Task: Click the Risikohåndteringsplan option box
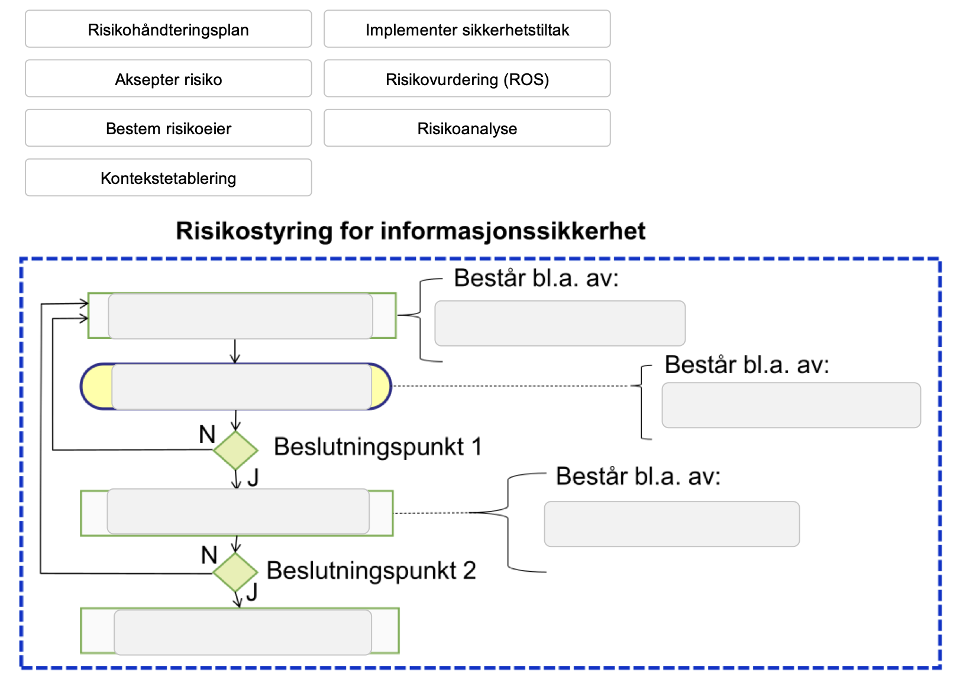(168, 30)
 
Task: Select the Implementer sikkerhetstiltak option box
(467, 30)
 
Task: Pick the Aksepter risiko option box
(168, 79)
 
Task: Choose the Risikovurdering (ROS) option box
(467, 79)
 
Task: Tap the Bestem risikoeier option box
(168, 128)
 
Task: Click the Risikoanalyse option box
(467, 128)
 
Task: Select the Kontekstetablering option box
(168, 178)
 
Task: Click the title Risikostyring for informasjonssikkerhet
(411, 231)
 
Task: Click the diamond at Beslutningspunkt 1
(235, 450)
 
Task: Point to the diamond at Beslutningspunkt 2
(235, 572)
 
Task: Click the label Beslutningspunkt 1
(377, 447)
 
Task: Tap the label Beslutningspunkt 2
(371, 571)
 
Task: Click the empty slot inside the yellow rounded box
(241, 387)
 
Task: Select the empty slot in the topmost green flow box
(240, 316)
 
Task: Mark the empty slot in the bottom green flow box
(243, 632)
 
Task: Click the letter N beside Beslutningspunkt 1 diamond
(207, 435)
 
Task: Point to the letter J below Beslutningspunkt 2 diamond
(252, 592)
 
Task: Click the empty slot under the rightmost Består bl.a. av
(791, 405)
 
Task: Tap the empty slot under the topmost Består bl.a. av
(560, 323)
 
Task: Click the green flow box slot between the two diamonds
(238, 512)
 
